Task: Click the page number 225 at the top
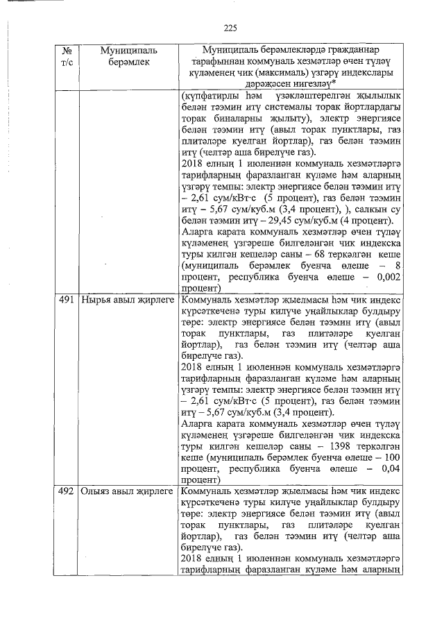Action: [231, 28]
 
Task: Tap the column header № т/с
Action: [67, 56]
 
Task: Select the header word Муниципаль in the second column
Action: [128, 51]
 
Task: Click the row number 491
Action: [67, 301]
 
